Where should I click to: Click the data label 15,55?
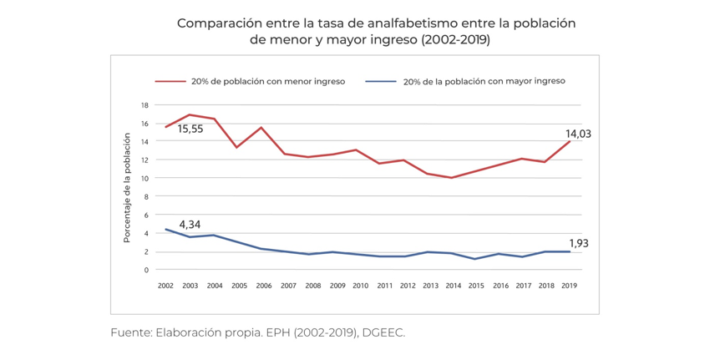tap(190, 129)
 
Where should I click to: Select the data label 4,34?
tap(190, 225)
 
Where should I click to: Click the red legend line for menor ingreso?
tap(170, 82)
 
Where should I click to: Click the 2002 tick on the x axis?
tap(165, 286)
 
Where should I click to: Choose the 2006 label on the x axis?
tap(263, 286)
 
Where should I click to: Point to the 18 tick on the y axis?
tap(145, 105)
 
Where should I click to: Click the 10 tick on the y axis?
tap(145, 179)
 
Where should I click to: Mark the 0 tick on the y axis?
tap(146, 270)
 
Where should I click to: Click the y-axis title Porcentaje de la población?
tap(127, 187)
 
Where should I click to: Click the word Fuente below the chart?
tap(130, 332)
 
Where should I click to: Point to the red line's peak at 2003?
tap(190, 114)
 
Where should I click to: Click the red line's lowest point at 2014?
tap(452, 178)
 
